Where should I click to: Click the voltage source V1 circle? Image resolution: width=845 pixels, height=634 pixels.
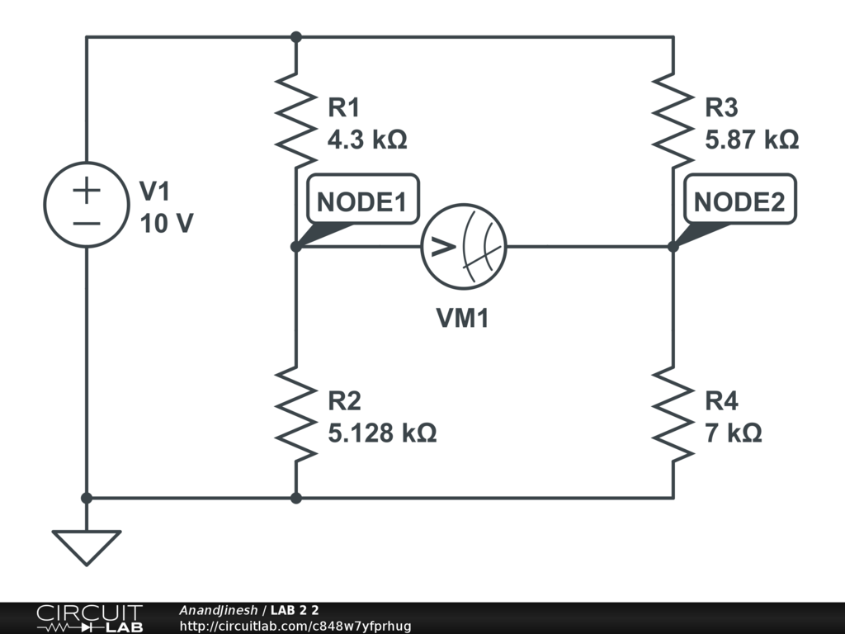point(87,204)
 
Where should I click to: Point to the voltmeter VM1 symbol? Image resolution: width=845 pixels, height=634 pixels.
point(463,246)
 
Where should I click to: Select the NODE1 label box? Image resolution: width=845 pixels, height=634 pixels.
point(362,201)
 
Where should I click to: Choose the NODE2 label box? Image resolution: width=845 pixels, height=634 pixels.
point(739,201)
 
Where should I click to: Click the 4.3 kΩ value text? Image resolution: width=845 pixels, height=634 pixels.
point(367,140)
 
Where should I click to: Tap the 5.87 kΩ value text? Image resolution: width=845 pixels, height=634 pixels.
point(752,140)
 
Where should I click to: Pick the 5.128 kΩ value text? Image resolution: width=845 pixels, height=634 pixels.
point(382,433)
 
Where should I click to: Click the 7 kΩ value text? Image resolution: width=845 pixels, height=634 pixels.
point(733,433)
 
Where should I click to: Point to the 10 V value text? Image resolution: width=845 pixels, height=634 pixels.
point(167,223)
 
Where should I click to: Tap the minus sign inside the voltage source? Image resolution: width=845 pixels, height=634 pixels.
point(87,223)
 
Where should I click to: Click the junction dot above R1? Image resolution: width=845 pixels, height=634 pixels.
point(296,37)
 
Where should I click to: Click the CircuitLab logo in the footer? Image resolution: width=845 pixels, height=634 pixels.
point(89,618)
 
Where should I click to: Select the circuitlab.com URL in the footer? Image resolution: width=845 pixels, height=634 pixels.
point(295,626)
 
